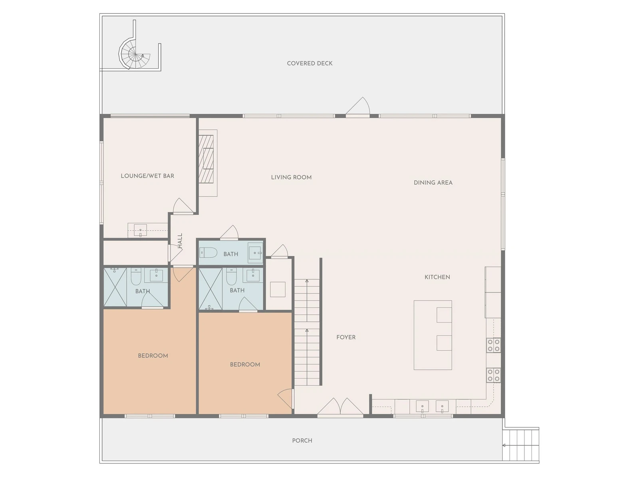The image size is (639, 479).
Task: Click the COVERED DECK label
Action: [x=310, y=63]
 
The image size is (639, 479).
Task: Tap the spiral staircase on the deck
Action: [x=135, y=54]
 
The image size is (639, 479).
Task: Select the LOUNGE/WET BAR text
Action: [x=147, y=176]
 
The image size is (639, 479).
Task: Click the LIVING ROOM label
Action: [x=291, y=177]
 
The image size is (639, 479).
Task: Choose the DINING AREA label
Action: [x=433, y=183]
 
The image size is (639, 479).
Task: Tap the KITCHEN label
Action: [x=437, y=277]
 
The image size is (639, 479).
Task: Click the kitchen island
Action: [x=433, y=335]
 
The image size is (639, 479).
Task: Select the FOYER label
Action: [x=346, y=337]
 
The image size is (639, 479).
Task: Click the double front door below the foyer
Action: [x=340, y=407]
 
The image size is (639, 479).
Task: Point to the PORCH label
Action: [x=302, y=441]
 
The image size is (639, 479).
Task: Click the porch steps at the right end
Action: [x=520, y=445]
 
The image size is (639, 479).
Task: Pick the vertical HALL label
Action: [x=180, y=241]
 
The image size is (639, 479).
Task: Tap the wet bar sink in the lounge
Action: [x=140, y=230]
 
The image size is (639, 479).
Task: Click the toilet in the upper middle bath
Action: [x=208, y=253]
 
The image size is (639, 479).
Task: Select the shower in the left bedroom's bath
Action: [x=115, y=287]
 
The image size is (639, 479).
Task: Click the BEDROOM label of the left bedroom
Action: [x=153, y=356]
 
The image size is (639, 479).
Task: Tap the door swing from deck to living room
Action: [x=358, y=106]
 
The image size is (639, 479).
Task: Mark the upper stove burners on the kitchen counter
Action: [x=494, y=345]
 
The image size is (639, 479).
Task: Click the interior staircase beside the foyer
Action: [x=307, y=332]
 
